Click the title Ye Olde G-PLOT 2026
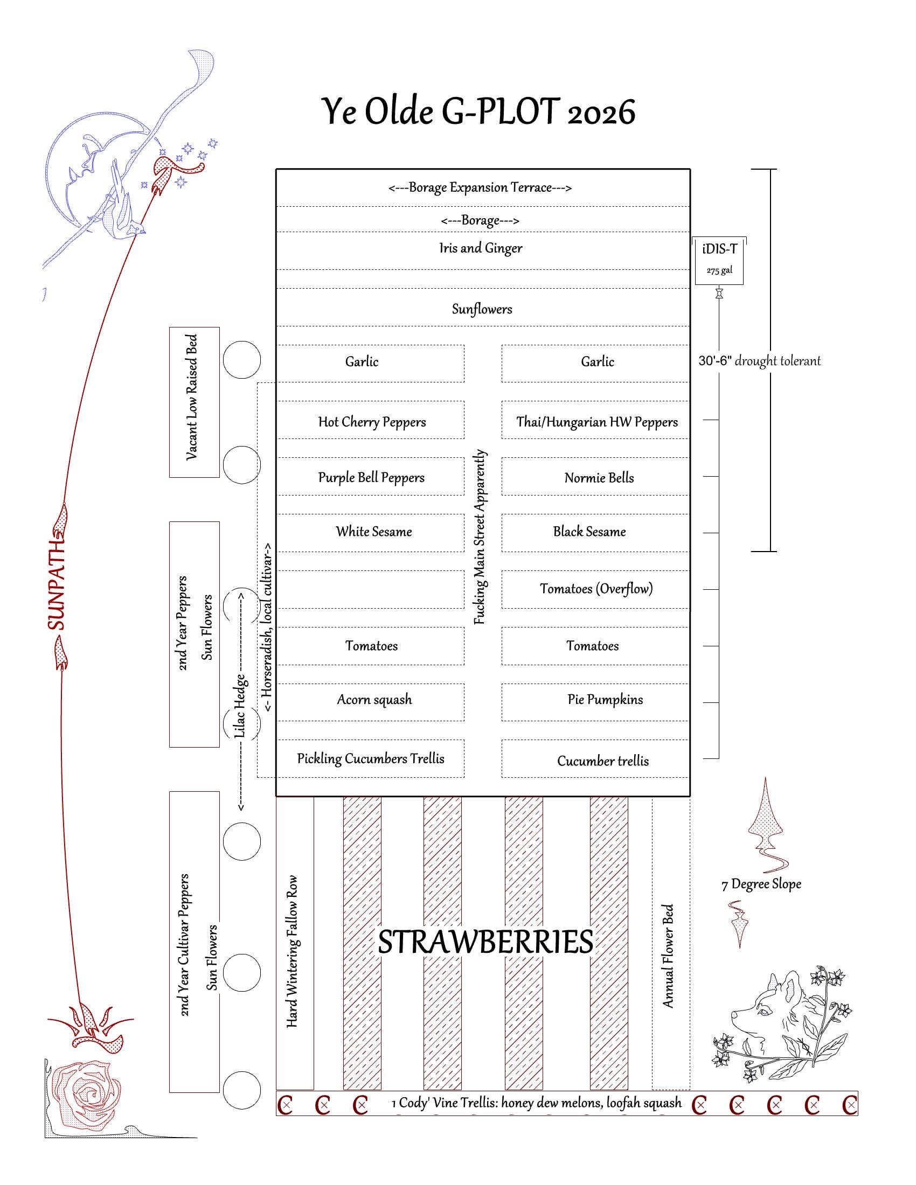478,112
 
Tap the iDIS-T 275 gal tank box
719,261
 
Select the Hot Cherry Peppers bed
372,422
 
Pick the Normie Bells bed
599,477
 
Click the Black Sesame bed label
589,532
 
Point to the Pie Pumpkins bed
605,699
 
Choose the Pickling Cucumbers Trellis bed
371,758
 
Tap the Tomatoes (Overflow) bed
596,589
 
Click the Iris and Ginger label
480,248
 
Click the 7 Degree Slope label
761,884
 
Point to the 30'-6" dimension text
715,361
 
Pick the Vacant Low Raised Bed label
192,398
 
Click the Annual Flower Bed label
668,956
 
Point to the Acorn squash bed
374,699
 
